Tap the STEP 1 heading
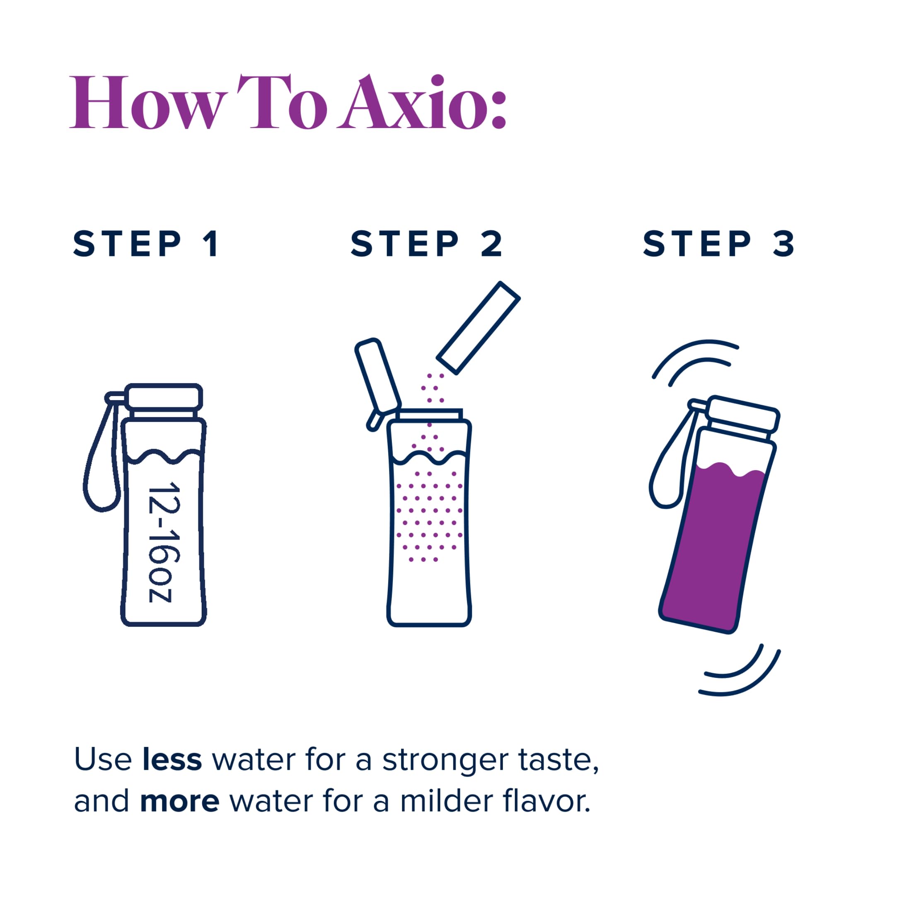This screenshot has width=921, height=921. (x=146, y=244)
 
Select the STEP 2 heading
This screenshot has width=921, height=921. (x=427, y=244)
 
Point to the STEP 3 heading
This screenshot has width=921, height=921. (x=719, y=244)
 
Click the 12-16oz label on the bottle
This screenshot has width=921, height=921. (x=164, y=544)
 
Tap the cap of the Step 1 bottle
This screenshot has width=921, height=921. (x=164, y=397)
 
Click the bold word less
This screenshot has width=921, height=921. (x=172, y=759)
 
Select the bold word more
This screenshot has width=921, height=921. (x=179, y=801)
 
